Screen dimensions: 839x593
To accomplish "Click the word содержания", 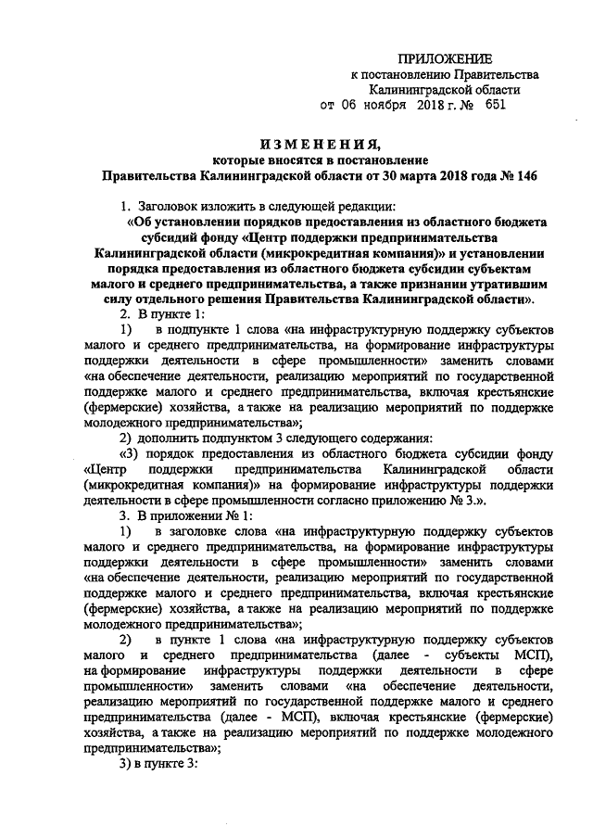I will (391, 438).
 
